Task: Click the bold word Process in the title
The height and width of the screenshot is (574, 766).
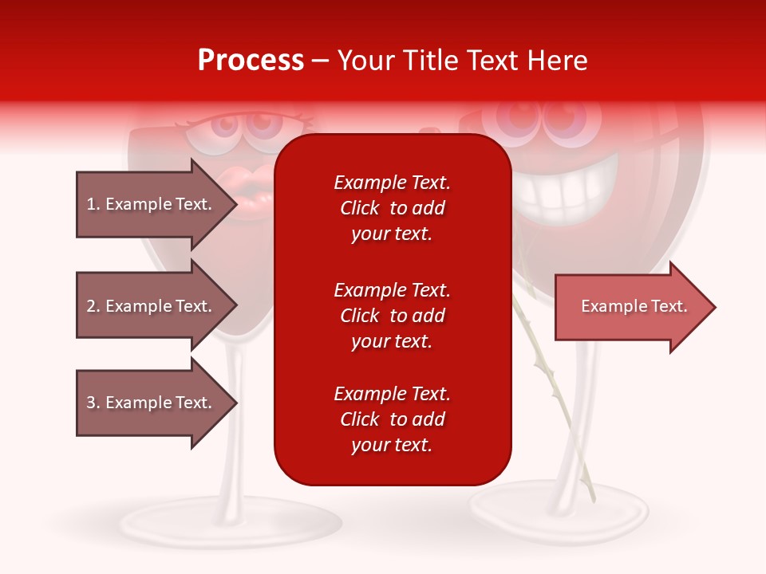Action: (x=251, y=61)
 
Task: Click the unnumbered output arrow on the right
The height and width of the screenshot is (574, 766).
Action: (x=634, y=306)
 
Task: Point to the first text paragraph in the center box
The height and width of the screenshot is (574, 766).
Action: (x=392, y=208)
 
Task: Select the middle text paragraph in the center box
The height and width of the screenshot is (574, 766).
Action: (x=392, y=316)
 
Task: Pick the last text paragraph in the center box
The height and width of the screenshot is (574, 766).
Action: (x=392, y=419)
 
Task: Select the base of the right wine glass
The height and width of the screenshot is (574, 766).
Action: (x=559, y=506)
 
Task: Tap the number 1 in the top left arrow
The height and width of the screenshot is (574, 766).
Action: (x=91, y=204)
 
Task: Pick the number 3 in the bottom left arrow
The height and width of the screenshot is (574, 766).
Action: (x=91, y=403)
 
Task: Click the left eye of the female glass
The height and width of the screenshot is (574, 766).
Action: (x=209, y=132)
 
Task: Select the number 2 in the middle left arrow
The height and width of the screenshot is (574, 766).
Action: (x=91, y=306)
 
